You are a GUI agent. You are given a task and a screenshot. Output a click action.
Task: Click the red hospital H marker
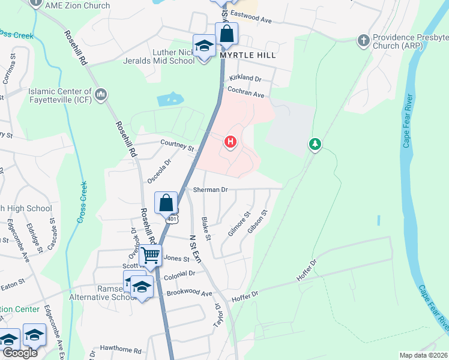pos(230,142)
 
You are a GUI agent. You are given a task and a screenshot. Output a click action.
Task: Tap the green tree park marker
pos(314,144)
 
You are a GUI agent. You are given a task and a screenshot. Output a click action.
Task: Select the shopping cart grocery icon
pos(150,256)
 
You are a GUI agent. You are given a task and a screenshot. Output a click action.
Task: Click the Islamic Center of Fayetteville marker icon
pos(101,95)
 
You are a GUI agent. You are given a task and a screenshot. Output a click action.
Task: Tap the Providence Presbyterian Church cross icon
pos(363,41)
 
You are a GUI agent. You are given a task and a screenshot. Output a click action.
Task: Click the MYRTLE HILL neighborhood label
pos(248,55)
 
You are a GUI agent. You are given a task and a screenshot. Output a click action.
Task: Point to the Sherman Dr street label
pos(210,190)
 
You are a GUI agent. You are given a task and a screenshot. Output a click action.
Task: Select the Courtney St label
pos(178,146)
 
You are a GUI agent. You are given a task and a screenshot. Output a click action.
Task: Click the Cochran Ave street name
pos(246,91)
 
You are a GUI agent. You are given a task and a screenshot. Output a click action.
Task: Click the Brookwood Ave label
pos(190,293)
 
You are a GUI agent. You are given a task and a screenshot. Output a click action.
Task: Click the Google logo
pos(19,353)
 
